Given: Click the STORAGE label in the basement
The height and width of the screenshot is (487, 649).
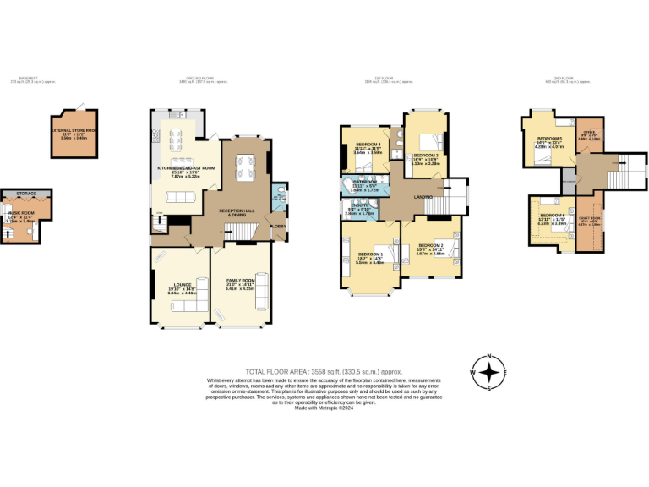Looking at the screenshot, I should coord(25,194).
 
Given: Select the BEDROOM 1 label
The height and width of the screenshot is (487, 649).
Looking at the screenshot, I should coord(370,254).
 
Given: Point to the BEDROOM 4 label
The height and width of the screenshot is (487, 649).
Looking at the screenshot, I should coord(368,145).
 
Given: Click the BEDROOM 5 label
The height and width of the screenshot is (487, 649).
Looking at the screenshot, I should coord(550,138).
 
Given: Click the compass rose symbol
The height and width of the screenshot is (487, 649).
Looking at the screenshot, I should coord(488,372).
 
